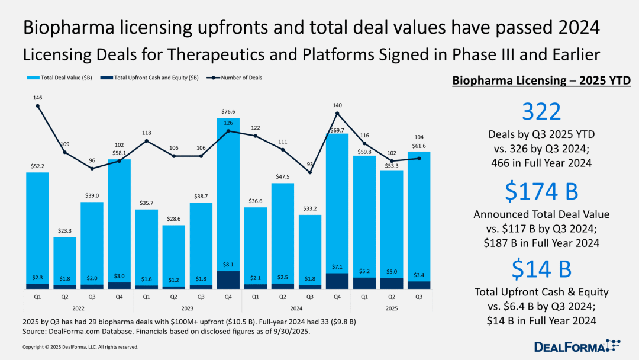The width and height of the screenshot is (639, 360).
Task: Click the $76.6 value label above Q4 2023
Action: pyautogui.click(x=228, y=111)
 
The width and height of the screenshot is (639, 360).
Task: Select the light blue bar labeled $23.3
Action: pyautogui.click(x=65, y=261)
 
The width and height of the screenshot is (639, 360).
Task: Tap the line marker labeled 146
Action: pyautogui.click(x=38, y=106)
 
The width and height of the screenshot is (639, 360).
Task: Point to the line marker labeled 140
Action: pyautogui.click(x=337, y=113)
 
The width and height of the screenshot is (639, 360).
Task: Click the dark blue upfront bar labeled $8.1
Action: pyautogui.click(x=228, y=280)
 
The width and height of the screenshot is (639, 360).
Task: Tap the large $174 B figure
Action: pyautogui.click(x=541, y=191)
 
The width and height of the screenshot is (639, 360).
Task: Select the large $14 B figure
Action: pyautogui.click(x=541, y=269)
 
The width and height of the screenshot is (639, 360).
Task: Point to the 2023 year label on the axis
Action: pyautogui.click(x=188, y=308)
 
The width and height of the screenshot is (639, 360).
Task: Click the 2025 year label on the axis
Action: pyautogui.click(x=392, y=308)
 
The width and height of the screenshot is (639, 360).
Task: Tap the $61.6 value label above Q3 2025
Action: pyautogui.click(x=419, y=145)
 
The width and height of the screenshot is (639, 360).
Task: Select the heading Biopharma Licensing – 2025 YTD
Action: pyautogui.click(x=541, y=81)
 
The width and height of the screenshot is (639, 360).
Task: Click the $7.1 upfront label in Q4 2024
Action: pyautogui.click(x=337, y=267)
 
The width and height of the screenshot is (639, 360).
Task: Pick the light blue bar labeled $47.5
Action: pyautogui.click(x=283, y=231)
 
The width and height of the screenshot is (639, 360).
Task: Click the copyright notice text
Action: pyautogui.click(x=80, y=347)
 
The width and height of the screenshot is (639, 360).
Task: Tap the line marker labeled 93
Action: pyautogui.click(x=310, y=172)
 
